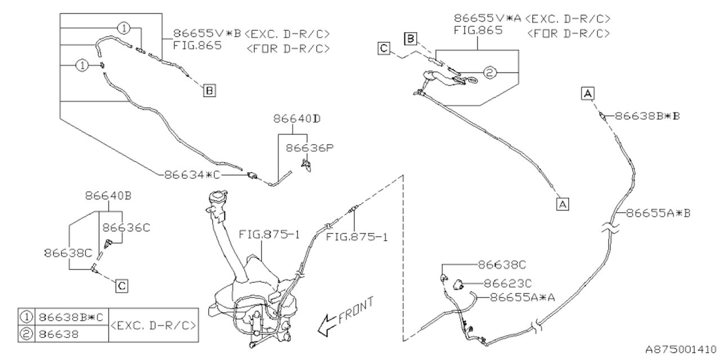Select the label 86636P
click(x=309, y=148)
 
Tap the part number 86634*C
click(x=189, y=174)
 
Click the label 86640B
click(x=109, y=196)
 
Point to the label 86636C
click(x=127, y=227)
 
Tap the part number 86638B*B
click(x=647, y=115)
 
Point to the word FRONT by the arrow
click(x=355, y=311)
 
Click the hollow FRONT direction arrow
click(x=326, y=325)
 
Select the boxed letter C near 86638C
click(x=121, y=286)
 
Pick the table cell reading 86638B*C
click(x=71, y=317)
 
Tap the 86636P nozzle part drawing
click(x=307, y=164)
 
